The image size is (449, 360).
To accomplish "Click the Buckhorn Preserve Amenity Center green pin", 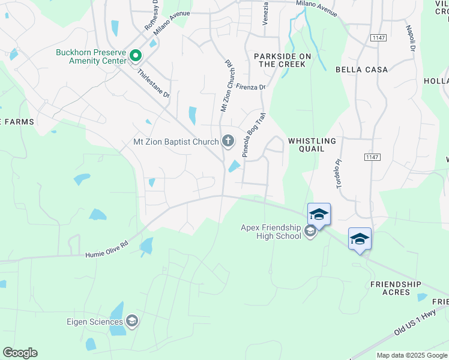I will pyautogui.click(x=136, y=56).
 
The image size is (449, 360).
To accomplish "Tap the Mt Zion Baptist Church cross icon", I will pyautogui.click(x=228, y=141).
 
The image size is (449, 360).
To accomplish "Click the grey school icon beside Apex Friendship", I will pyautogui.click(x=310, y=232).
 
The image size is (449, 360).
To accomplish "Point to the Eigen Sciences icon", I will pyautogui.click(x=133, y=322).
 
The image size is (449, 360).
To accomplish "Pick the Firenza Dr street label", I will pyautogui.click(x=250, y=87).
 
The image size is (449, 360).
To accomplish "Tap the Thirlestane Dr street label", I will pyautogui.click(x=154, y=84).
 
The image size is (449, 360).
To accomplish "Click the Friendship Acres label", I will pyautogui.click(x=395, y=288).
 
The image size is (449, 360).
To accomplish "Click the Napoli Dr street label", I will pyautogui.click(x=412, y=37).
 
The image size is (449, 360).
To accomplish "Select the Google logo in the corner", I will pyautogui.click(x=20, y=353).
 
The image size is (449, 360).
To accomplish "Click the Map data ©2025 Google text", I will pyautogui.click(x=412, y=355).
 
